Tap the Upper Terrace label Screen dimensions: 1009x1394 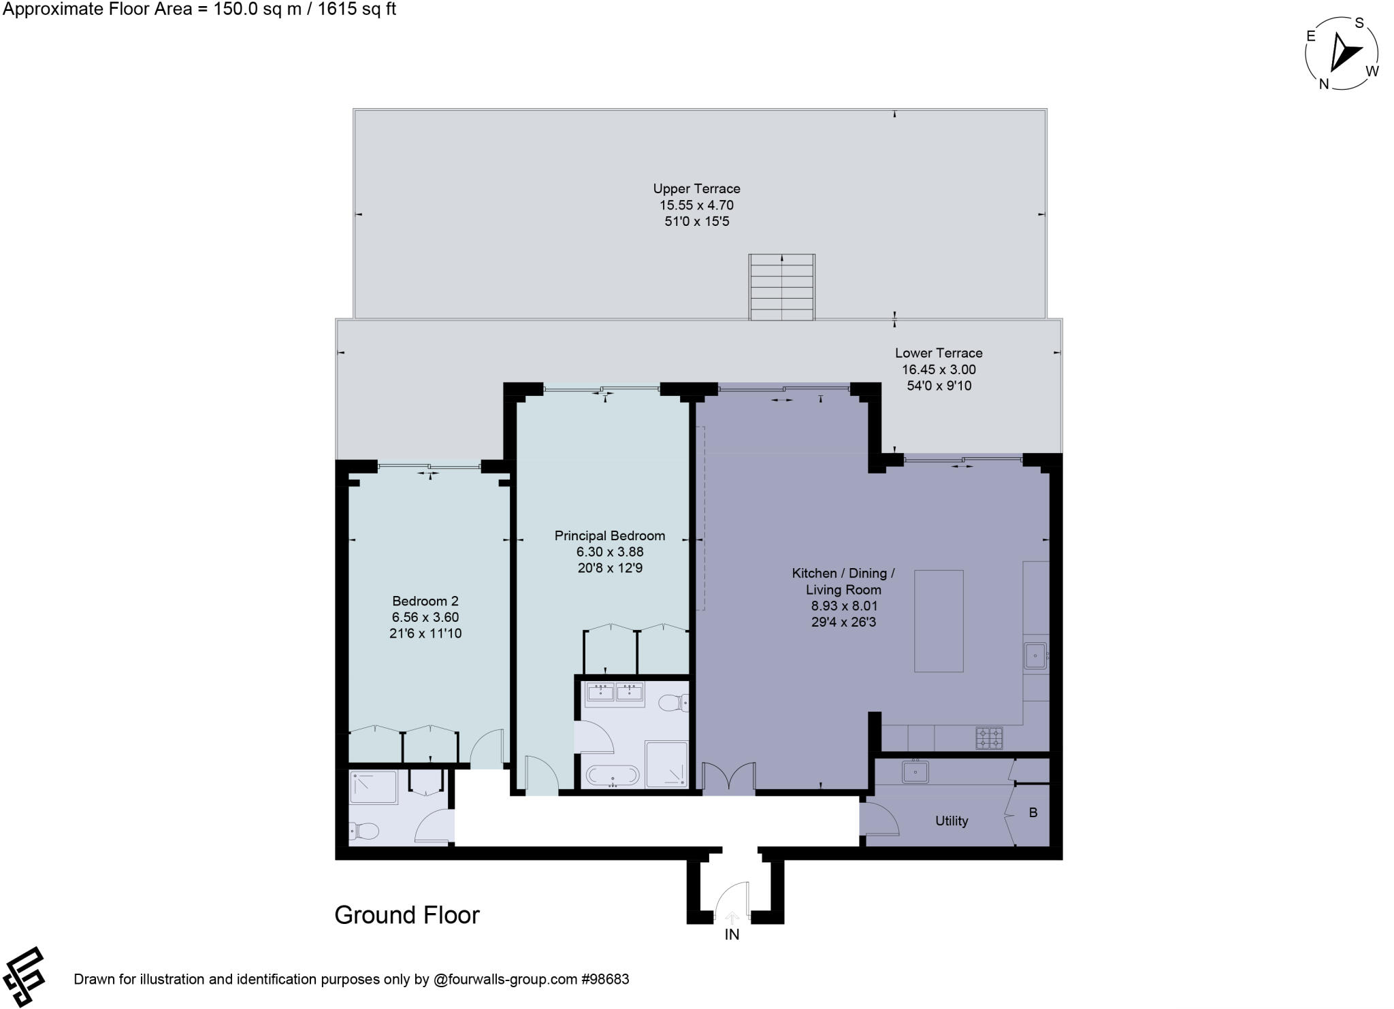[x=696, y=189]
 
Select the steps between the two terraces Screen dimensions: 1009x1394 [x=782, y=287]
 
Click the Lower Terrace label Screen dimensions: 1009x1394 [x=939, y=353]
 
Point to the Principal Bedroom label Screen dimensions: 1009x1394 [x=609, y=536]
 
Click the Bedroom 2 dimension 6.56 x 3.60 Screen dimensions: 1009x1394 [x=425, y=618]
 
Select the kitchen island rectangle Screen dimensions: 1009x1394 [x=939, y=621]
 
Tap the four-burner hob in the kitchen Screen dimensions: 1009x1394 [x=989, y=738]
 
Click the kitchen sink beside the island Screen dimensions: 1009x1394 [x=1035, y=656]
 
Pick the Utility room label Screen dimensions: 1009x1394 [x=951, y=821]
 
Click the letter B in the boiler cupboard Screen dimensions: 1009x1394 [x=1033, y=813]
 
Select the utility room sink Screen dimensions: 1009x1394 [x=915, y=772]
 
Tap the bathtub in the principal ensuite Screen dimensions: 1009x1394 [x=613, y=776]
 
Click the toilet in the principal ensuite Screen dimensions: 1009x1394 [x=675, y=702]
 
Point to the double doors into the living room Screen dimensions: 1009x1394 [x=729, y=778]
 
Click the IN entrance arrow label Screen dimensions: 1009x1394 [x=732, y=935]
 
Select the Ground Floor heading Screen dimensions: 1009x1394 [x=407, y=915]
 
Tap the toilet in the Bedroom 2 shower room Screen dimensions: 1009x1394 [x=364, y=831]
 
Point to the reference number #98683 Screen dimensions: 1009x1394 [x=604, y=980]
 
